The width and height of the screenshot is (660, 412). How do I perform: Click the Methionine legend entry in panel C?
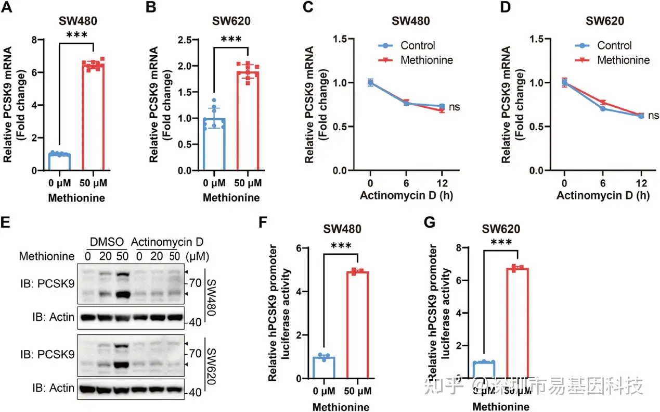(x=426, y=60)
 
